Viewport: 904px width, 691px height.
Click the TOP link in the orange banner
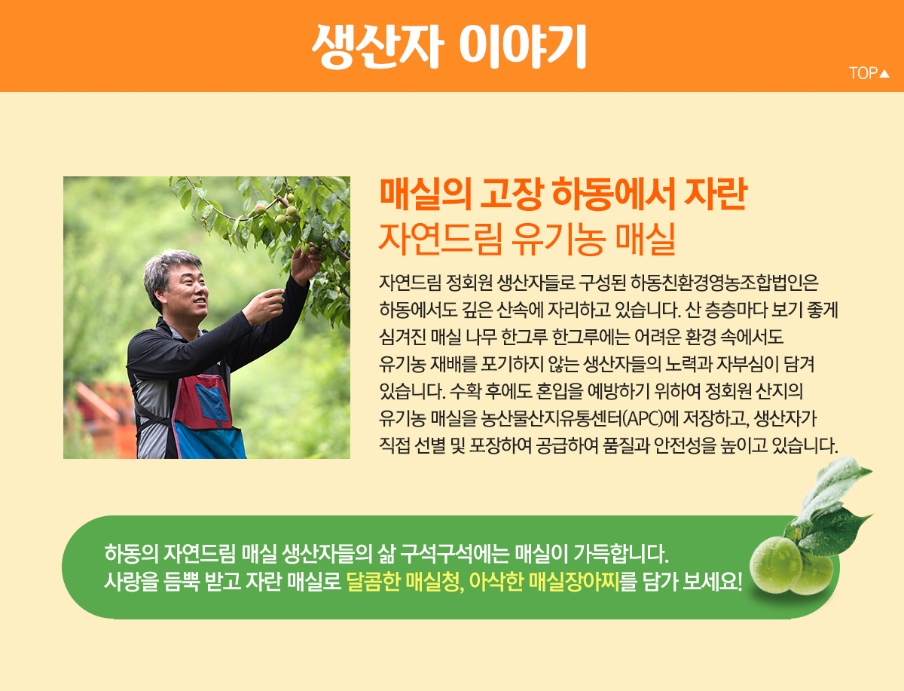(x=869, y=73)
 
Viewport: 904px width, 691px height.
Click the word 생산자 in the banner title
(x=377, y=46)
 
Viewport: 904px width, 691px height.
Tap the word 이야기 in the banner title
(x=523, y=46)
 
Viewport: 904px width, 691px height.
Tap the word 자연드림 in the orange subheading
(x=440, y=240)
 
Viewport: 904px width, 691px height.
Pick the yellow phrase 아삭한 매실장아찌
(x=544, y=582)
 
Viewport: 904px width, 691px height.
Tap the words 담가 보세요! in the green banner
(x=692, y=582)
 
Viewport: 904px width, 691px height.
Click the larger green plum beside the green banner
(x=775, y=565)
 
